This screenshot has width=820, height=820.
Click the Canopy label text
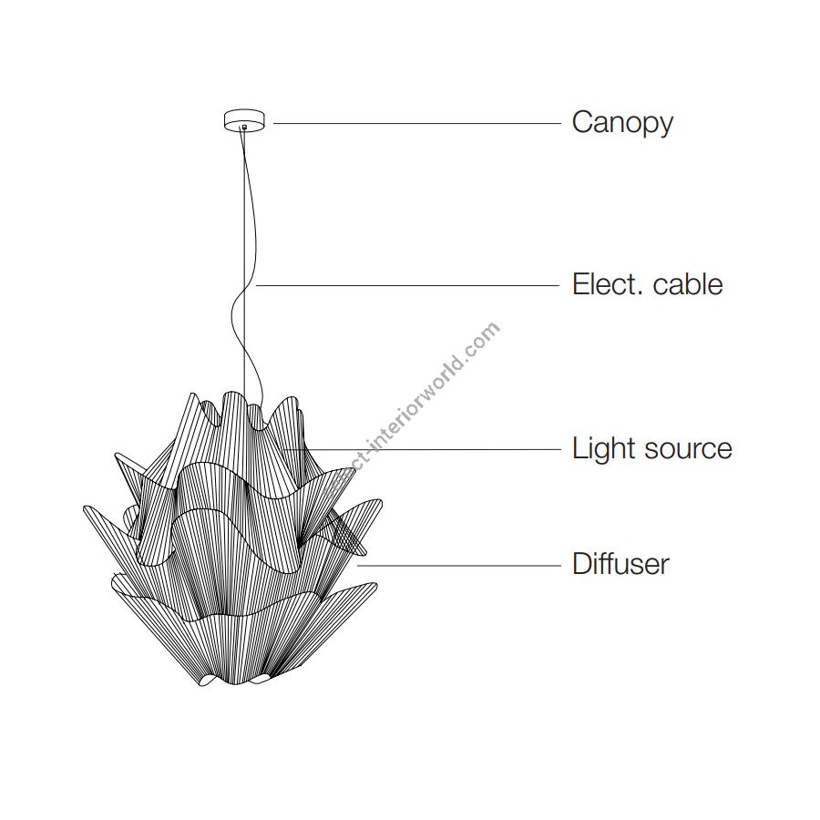(x=622, y=123)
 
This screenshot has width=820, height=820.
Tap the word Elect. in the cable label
(x=607, y=284)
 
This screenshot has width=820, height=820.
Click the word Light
(x=604, y=449)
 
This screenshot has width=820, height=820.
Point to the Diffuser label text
(x=620, y=564)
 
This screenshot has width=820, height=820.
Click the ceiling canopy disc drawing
(x=244, y=119)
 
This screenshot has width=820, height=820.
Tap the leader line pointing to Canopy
(x=416, y=123)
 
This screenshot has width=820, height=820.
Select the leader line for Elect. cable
(x=407, y=285)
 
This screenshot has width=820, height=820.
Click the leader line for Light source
(x=423, y=449)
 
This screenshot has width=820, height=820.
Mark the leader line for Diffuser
(x=459, y=565)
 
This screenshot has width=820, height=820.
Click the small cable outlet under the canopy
(x=244, y=127)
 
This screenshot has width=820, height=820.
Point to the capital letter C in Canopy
(x=582, y=122)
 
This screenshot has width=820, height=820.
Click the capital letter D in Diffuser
(x=583, y=564)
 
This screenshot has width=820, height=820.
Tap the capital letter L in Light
(x=580, y=448)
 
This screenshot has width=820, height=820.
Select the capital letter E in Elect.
(x=580, y=284)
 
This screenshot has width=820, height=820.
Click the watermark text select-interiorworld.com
(x=412, y=409)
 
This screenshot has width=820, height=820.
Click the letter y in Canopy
(x=665, y=127)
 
